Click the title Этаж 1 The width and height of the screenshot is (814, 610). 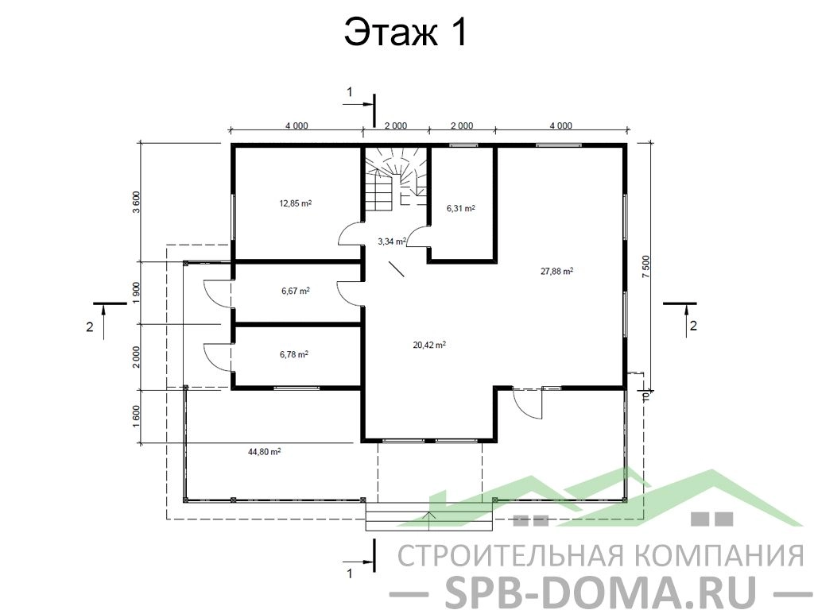(406, 33)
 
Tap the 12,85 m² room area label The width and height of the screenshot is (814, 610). (296, 203)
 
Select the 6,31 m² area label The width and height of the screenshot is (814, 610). (461, 209)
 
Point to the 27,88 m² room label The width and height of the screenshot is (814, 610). (557, 271)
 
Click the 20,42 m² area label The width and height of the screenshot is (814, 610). (429, 345)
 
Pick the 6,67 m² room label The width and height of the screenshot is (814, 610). (296, 291)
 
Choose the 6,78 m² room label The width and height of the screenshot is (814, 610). (294, 355)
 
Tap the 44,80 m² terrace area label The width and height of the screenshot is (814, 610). (264, 452)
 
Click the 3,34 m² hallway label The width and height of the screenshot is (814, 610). (392, 241)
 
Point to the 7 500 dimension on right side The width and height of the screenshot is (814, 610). (645, 267)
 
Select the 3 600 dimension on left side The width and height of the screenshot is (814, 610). (136, 203)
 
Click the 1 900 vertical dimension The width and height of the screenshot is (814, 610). (136, 293)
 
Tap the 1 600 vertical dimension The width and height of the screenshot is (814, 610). (136, 416)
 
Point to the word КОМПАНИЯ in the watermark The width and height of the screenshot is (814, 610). (719, 555)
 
